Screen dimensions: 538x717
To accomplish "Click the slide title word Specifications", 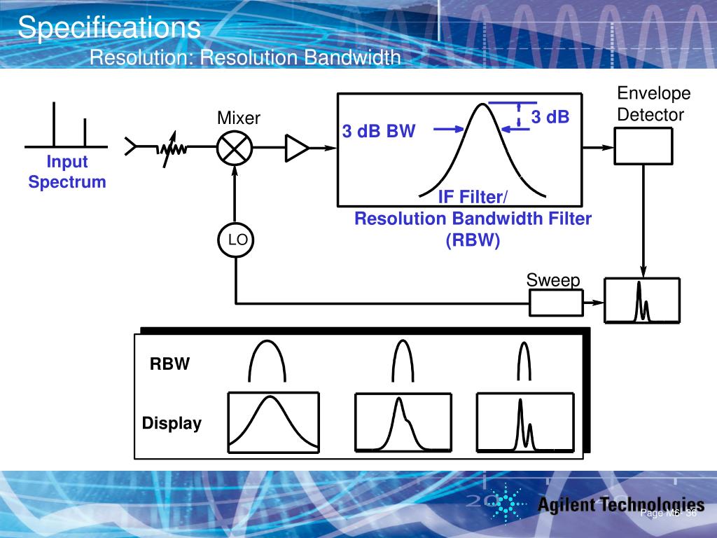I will click(109, 28).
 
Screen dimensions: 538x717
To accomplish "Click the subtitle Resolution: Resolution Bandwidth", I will click(245, 57).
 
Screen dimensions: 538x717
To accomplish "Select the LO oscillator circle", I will click(237, 240).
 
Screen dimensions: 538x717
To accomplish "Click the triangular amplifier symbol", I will click(296, 147).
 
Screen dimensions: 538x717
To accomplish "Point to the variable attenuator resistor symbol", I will click(170, 149).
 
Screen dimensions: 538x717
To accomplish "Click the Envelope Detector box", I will click(643, 146).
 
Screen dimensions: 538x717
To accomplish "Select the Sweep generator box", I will click(555, 303).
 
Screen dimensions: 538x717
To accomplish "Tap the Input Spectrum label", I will click(67, 172).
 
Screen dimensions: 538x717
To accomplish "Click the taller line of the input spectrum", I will click(55, 124).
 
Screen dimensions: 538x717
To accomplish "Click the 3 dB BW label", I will click(379, 131).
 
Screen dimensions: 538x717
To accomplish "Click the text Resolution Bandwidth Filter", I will click(473, 219).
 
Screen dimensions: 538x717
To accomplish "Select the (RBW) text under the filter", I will click(473, 240).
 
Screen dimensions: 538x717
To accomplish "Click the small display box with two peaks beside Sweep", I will click(642, 301).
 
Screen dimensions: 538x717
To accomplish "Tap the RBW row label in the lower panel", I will click(169, 364).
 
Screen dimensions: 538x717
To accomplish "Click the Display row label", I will click(172, 423).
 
